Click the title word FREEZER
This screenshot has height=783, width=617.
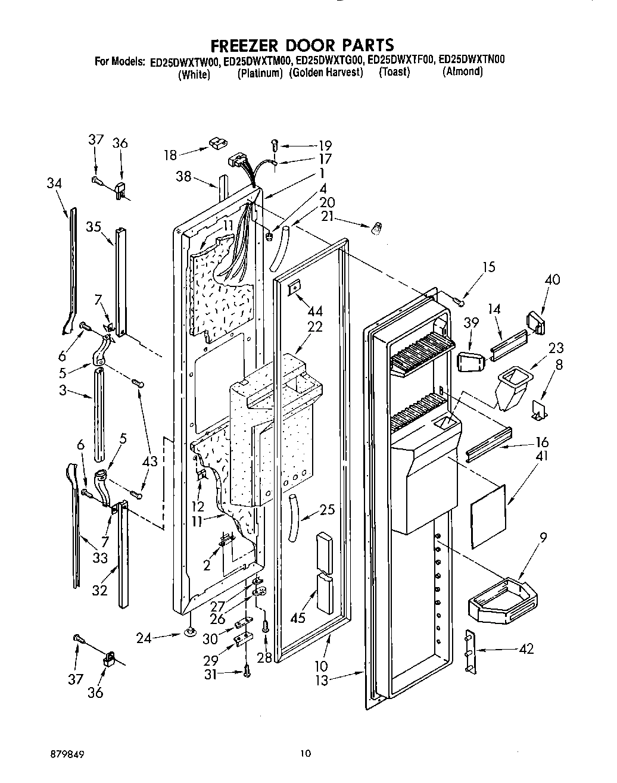(x=243, y=45)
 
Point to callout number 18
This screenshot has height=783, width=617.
(x=170, y=155)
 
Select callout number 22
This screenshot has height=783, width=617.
(x=315, y=327)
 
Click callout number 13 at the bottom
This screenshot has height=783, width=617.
(x=322, y=681)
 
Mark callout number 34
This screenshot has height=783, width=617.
(x=54, y=184)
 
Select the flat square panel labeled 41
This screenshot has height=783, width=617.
(x=487, y=516)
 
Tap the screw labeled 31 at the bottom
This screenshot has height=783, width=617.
(x=246, y=672)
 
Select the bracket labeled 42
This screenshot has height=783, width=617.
(x=470, y=652)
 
